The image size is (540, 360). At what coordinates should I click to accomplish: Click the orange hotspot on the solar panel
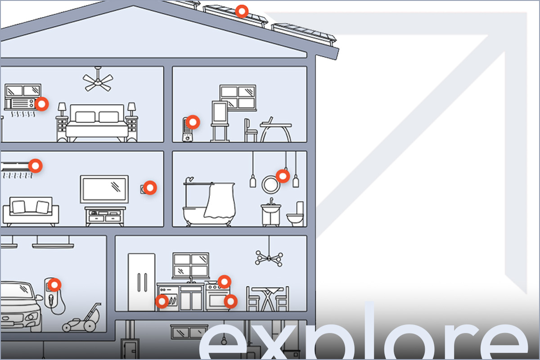tap(242, 11)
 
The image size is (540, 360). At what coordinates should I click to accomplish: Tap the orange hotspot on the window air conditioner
tap(42, 104)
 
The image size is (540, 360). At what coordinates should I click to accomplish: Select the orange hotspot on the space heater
tap(193, 122)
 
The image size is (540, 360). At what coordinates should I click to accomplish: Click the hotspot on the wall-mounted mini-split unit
tap(36, 166)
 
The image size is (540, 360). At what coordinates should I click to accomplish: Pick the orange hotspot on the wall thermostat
tap(150, 188)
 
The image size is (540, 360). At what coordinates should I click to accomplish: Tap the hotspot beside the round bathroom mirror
tap(283, 176)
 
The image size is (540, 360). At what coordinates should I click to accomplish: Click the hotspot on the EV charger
tap(54, 285)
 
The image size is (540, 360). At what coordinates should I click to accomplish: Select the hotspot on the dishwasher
tap(162, 301)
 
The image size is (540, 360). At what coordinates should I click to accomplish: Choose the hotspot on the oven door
tap(231, 301)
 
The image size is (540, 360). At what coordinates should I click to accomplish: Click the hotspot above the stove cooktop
tap(225, 282)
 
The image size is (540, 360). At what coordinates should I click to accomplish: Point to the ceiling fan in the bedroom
tap(98, 80)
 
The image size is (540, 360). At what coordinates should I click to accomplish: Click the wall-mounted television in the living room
tap(104, 189)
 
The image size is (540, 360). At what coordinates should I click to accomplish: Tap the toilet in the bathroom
tap(295, 214)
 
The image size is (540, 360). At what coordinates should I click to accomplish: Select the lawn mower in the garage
tap(82, 318)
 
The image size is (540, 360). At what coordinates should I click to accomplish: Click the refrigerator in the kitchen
tap(141, 282)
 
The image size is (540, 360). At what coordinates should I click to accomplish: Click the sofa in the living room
tap(31, 211)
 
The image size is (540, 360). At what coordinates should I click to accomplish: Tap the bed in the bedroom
tap(97, 123)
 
